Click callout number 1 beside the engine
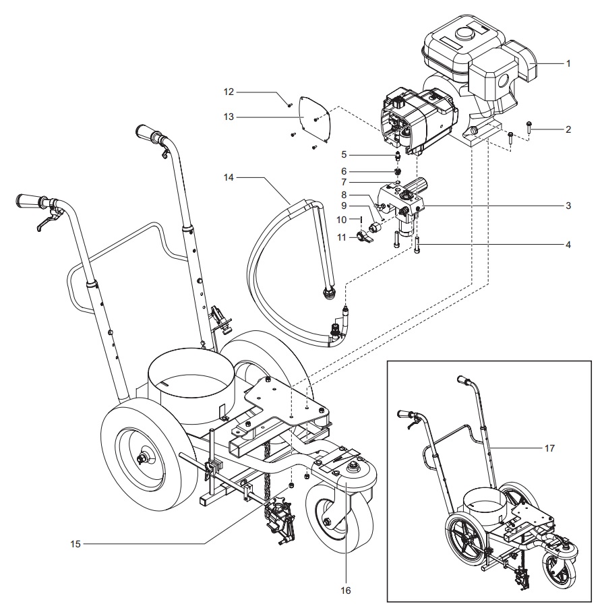(568, 63)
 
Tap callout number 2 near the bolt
(568, 129)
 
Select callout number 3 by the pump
(568, 205)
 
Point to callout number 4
(568, 244)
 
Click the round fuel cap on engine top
(463, 32)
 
